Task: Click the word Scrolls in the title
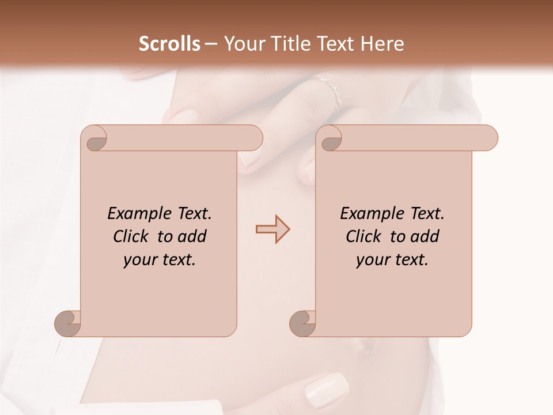tap(170, 44)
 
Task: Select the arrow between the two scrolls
tap(272, 229)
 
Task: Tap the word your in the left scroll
tap(139, 261)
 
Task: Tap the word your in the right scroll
tap(372, 261)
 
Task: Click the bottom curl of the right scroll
tap(302, 323)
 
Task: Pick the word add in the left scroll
tap(193, 236)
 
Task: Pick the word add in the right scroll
tap(426, 236)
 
